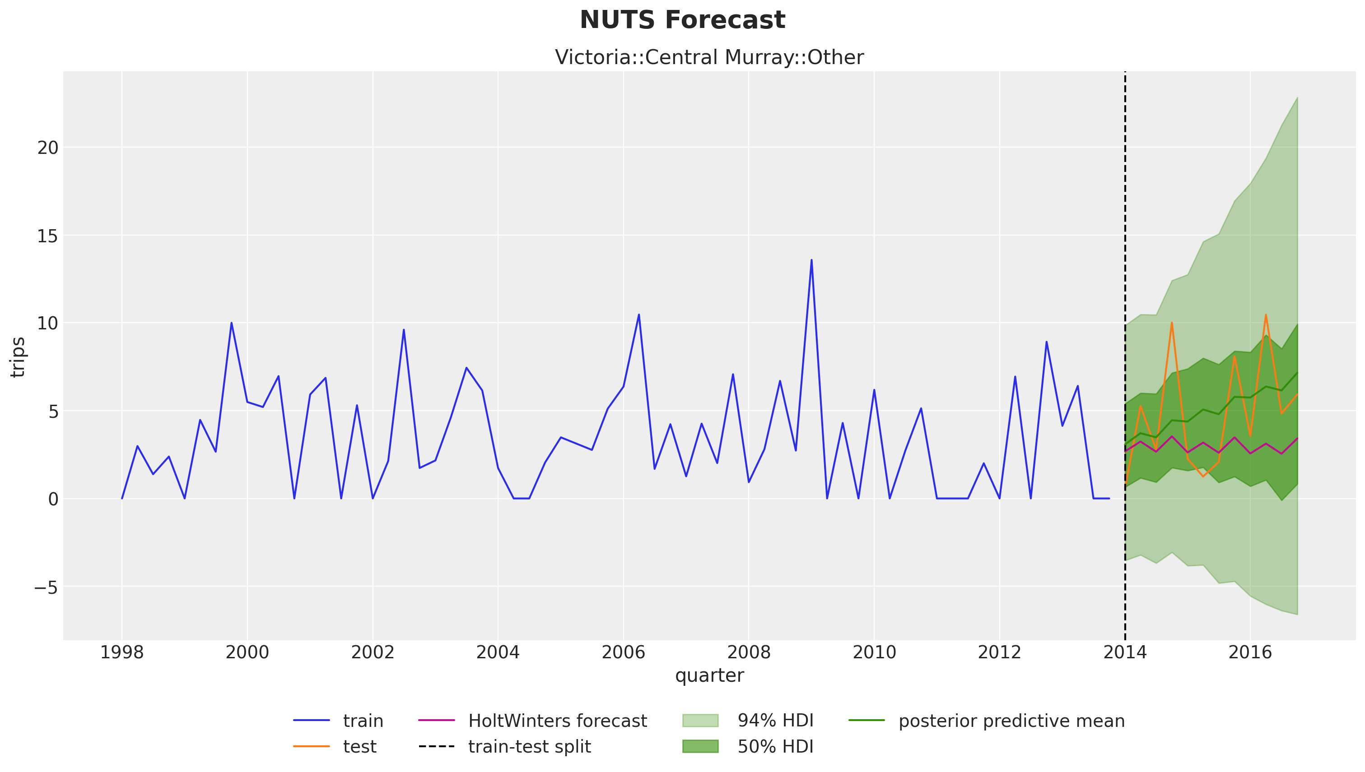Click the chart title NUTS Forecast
682,20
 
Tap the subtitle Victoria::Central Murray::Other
709,57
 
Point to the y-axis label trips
18,357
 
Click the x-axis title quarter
709,675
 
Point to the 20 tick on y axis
48,148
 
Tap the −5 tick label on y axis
46,587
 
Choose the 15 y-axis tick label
48,236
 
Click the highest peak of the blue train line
811,260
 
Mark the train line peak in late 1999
231,323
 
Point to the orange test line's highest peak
1266,314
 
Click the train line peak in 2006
639,314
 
